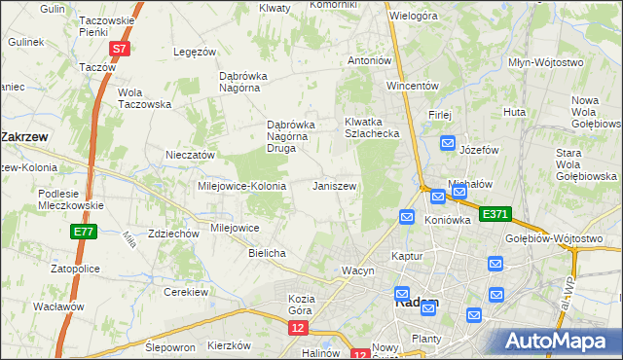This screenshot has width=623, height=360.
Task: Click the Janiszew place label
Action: tap(334, 185)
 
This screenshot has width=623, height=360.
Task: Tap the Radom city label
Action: tap(417, 303)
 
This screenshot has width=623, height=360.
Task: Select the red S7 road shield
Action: tap(119, 48)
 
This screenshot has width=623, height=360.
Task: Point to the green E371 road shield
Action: tap(495, 213)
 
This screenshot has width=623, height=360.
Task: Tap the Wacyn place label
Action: tap(357, 270)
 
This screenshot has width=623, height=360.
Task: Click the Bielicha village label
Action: tap(267, 253)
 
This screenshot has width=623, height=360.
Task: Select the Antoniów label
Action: tap(369, 60)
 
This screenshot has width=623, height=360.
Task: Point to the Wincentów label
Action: tap(408, 86)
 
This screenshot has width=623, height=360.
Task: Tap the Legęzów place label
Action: tap(193, 52)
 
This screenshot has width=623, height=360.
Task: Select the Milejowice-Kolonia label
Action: tap(241, 186)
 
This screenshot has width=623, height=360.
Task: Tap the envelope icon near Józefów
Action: tap(448, 144)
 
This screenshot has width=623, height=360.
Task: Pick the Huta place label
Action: tap(515, 112)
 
